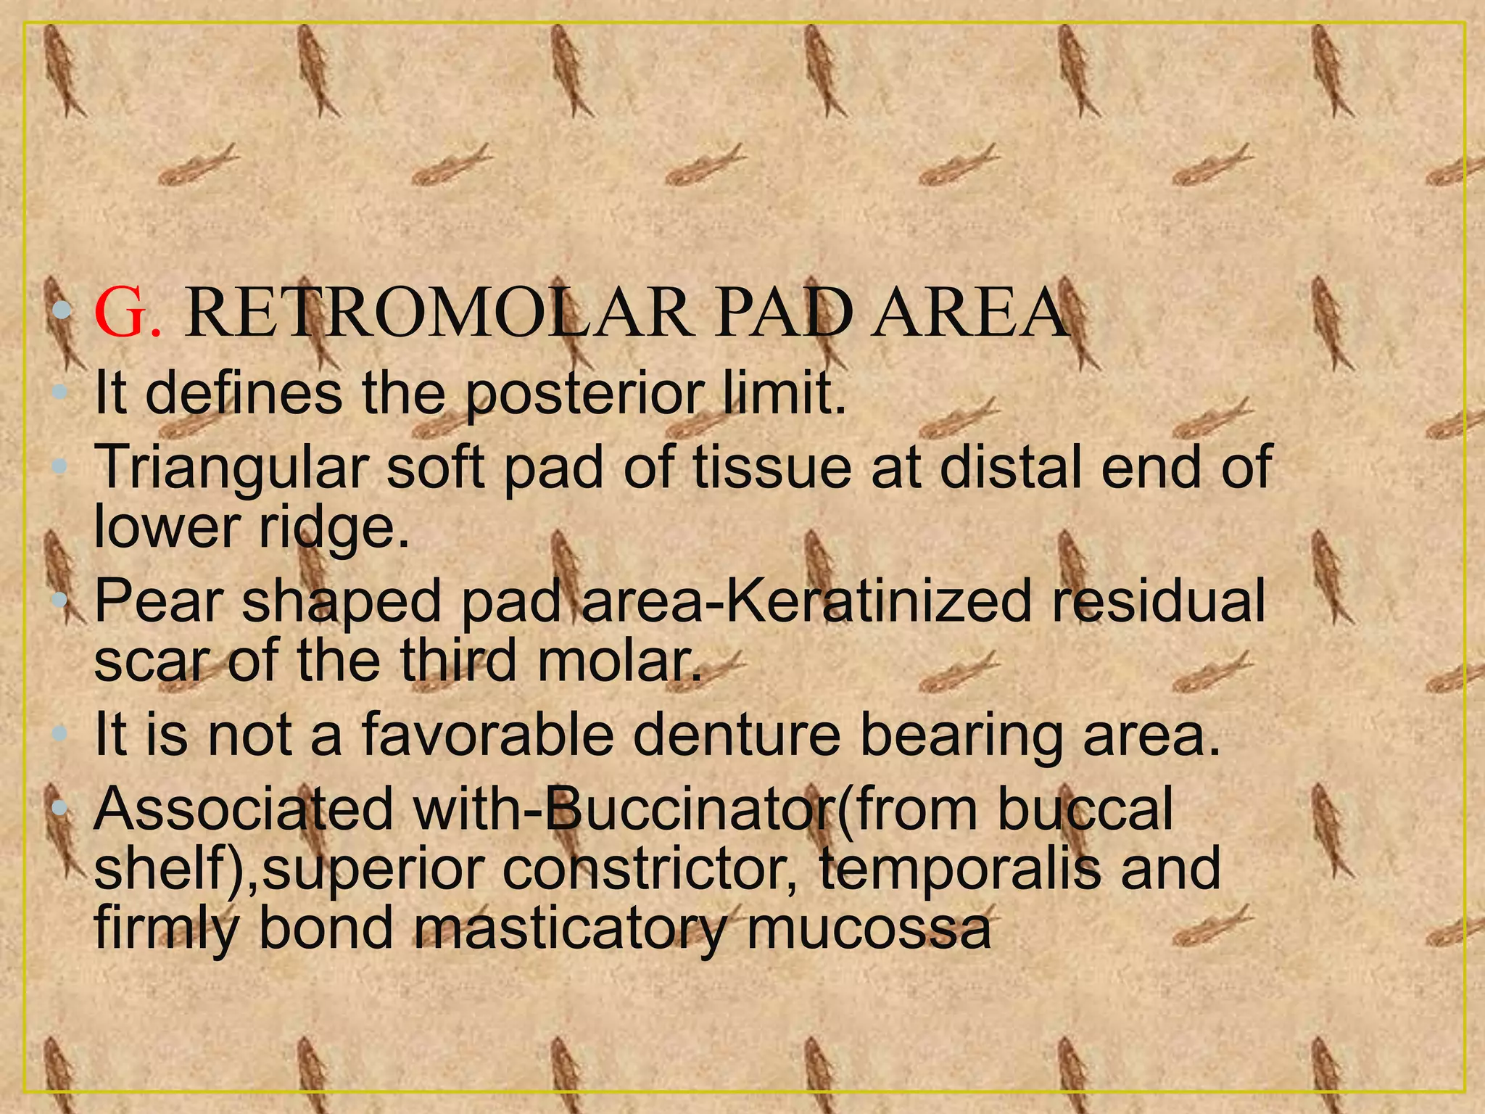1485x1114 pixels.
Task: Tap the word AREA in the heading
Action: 969,313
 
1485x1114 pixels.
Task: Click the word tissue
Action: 772,468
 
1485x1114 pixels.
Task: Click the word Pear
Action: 157,601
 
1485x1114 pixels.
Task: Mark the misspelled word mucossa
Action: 868,931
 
